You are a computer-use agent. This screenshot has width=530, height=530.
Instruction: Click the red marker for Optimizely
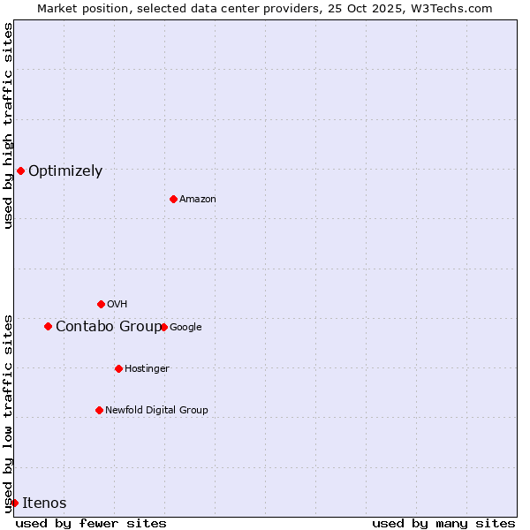coord(20,170)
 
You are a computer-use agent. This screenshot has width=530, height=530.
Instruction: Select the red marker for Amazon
coord(173,199)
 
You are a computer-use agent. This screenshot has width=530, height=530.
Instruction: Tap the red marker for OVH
coord(101,304)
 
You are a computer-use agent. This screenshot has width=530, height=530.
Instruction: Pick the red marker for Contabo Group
coord(48,326)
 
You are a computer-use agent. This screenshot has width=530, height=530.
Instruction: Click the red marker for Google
coord(163,327)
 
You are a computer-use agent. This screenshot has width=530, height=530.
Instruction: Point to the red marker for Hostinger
coord(118,368)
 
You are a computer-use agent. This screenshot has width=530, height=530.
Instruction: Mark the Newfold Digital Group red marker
coord(99,410)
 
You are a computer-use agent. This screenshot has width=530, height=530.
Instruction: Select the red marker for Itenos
coord(14,503)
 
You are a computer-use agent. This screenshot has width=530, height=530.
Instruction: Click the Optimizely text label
coord(65,171)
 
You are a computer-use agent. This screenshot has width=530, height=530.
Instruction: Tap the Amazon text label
coord(198,200)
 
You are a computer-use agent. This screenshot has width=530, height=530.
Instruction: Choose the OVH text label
coord(117,305)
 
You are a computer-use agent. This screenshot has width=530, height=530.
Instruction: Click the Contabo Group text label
coord(109,327)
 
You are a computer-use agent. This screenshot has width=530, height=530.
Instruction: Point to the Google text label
coord(185,328)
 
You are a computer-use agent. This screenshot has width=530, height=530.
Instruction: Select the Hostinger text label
coord(147,369)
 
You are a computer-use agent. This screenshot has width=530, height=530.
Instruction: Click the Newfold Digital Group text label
coord(156,411)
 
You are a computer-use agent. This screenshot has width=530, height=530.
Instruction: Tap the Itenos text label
coord(44,503)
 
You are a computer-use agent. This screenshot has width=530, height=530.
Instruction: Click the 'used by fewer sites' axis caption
coord(91,523)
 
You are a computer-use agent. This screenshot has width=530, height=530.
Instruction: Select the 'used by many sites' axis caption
coord(443,523)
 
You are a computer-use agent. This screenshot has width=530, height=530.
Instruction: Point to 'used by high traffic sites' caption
coord(9,125)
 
